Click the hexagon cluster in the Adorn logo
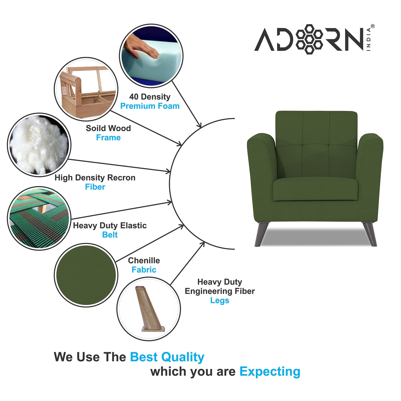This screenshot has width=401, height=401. (x=309, y=39)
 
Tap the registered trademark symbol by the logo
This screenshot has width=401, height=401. (x=373, y=26)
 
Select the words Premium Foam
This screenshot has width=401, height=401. (x=150, y=106)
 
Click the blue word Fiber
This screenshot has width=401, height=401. (x=95, y=187)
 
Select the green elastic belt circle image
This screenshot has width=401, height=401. (x=39, y=218)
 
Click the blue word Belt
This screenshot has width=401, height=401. (x=110, y=235)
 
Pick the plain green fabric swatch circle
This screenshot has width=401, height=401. (x=86, y=275)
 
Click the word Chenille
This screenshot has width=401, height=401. (x=144, y=260)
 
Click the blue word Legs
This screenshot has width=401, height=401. (x=220, y=300)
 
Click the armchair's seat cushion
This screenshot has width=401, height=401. (x=315, y=189)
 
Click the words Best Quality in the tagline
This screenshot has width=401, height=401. (x=167, y=357)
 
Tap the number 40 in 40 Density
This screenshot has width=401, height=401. (x=134, y=97)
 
